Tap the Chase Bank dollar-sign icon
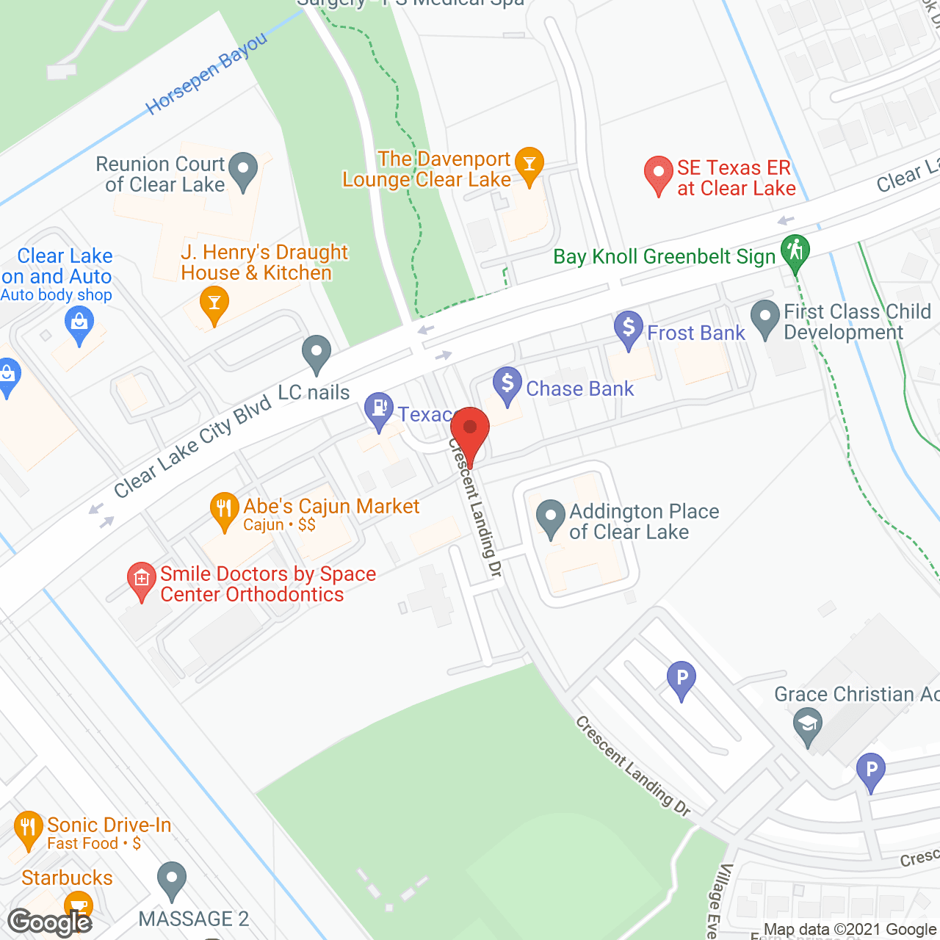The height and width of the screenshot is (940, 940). [x=507, y=385]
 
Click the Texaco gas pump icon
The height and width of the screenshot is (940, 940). [x=379, y=411]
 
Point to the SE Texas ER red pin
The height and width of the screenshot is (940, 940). [x=658, y=174]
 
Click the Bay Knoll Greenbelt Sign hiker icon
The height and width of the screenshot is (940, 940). [x=795, y=252]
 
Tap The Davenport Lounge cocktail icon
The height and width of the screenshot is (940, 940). [x=529, y=164]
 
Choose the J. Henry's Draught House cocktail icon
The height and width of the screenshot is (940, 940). [x=214, y=304]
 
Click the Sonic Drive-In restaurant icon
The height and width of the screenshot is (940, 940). [x=28, y=829]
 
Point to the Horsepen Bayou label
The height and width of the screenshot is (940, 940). [x=207, y=75]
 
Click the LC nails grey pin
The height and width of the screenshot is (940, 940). [x=317, y=353]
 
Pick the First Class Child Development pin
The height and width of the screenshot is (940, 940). [x=765, y=319]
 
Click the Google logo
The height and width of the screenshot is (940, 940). [x=50, y=922]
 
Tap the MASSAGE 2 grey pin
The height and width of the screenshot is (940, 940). [x=172, y=881]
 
